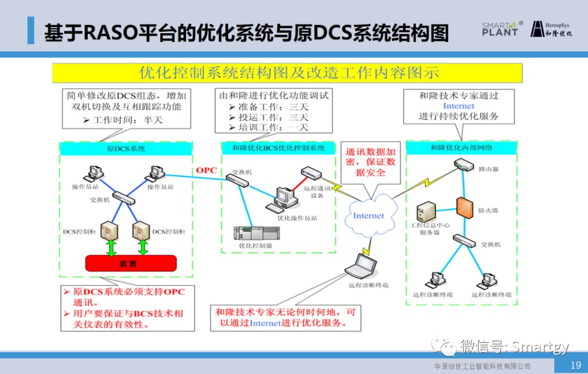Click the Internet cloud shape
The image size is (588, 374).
[x=368, y=216]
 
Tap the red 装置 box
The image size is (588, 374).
[x=131, y=263]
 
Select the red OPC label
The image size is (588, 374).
[x=206, y=170]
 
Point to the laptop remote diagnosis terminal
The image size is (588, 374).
[x=362, y=267]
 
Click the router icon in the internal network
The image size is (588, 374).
[x=464, y=165]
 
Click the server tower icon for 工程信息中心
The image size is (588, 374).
[x=426, y=212]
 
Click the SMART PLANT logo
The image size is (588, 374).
[x=501, y=29]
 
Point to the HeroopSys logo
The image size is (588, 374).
[x=551, y=29]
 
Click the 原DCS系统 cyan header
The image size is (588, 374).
[x=126, y=148]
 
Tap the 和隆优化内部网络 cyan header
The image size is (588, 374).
[x=461, y=147]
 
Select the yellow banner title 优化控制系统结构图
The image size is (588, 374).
[x=287, y=73]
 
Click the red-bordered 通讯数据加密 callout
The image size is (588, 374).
[x=370, y=162]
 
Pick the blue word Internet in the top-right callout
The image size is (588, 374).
[x=458, y=106]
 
